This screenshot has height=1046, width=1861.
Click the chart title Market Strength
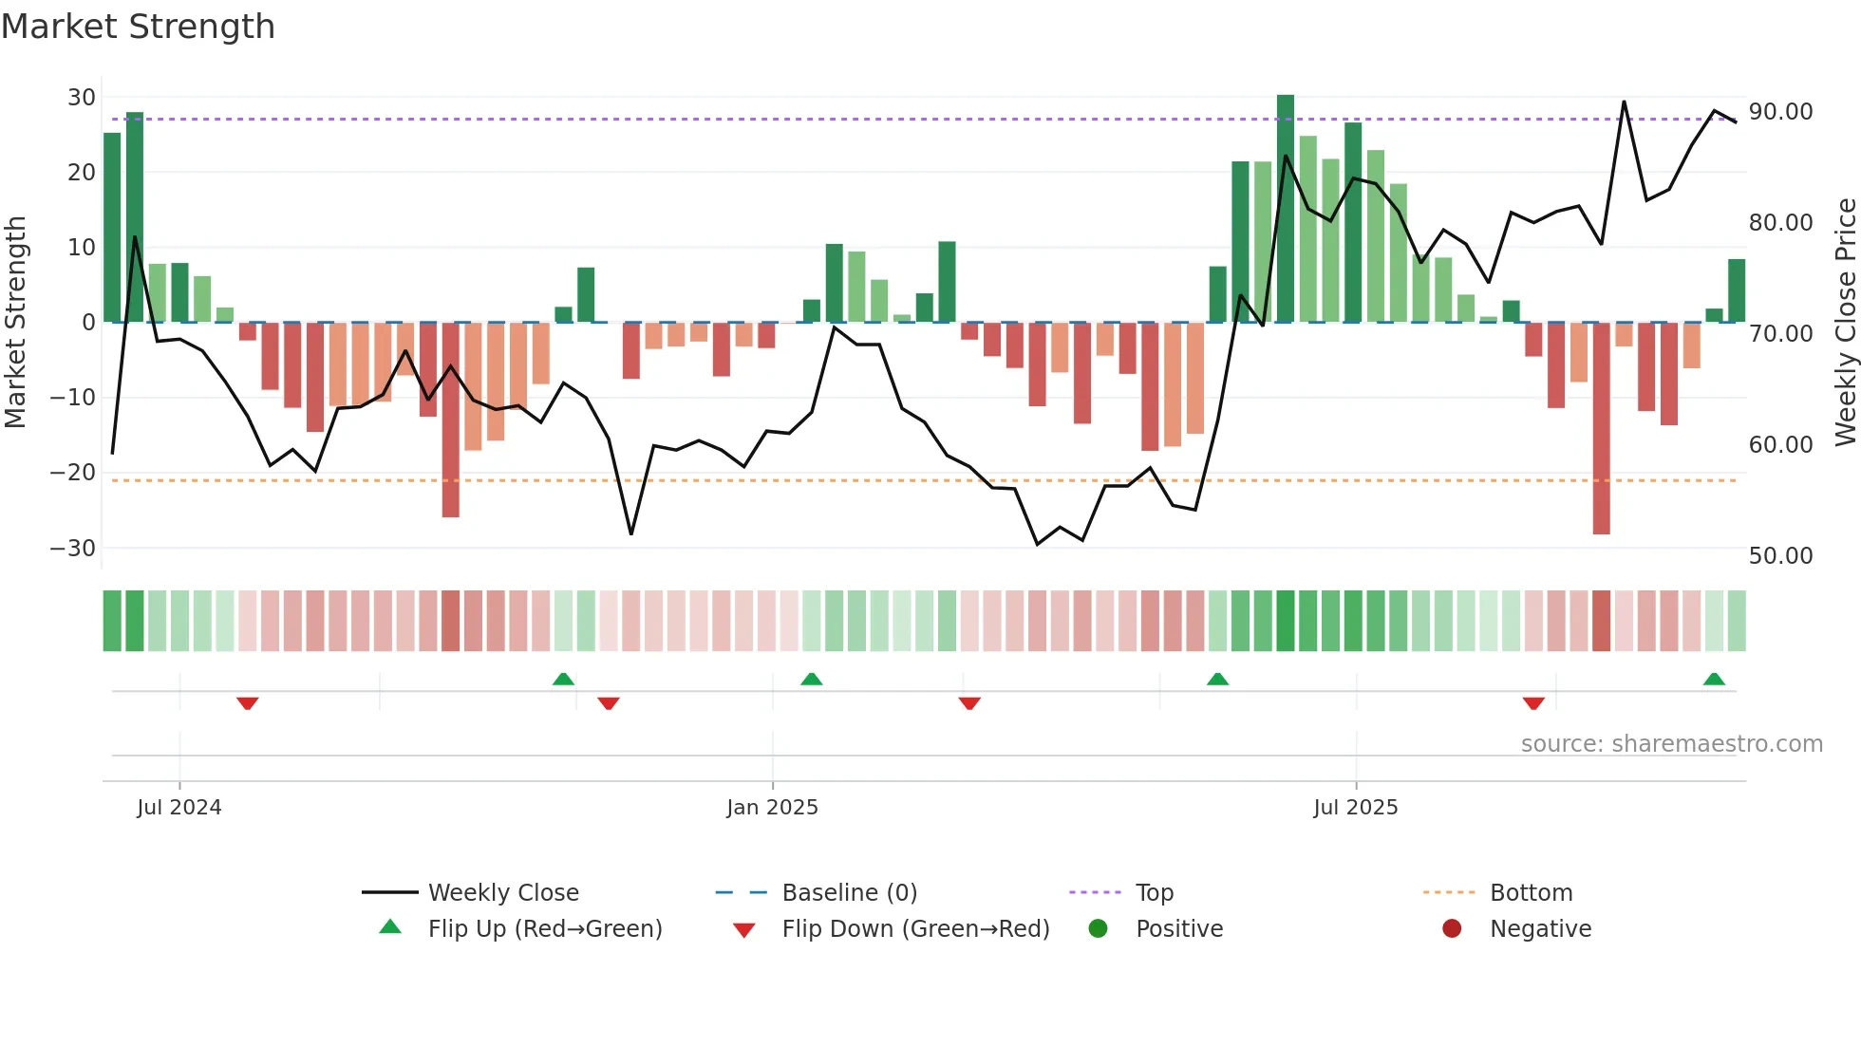pyautogui.click(x=138, y=27)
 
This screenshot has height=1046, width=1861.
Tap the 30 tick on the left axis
pyautogui.click(x=81, y=97)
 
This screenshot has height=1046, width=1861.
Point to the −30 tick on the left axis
pyautogui.click(x=73, y=548)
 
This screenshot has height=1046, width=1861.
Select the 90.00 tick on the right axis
pyautogui.click(x=1780, y=112)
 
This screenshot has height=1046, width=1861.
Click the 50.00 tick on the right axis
pyautogui.click(x=1780, y=555)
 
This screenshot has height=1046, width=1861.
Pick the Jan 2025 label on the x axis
pyautogui.click(x=772, y=807)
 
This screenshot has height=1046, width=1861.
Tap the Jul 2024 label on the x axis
pyautogui.click(x=179, y=807)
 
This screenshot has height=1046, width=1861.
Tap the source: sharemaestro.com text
pyautogui.click(x=1671, y=743)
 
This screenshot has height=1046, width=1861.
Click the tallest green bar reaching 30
pyautogui.click(x=1286, y=209)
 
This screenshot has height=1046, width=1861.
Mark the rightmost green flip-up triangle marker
pyautogui.click(x=1714, y=680)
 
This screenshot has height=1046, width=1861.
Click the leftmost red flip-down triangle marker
pyautogui.click(x=248, y=703)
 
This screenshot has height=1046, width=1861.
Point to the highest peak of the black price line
pyautogui.click(x=1624, y=102)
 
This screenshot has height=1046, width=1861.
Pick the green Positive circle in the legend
pyautogui.click(x=1098, y=928)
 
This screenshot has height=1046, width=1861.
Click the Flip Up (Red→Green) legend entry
pyautogui.click(x=544, y=928)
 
